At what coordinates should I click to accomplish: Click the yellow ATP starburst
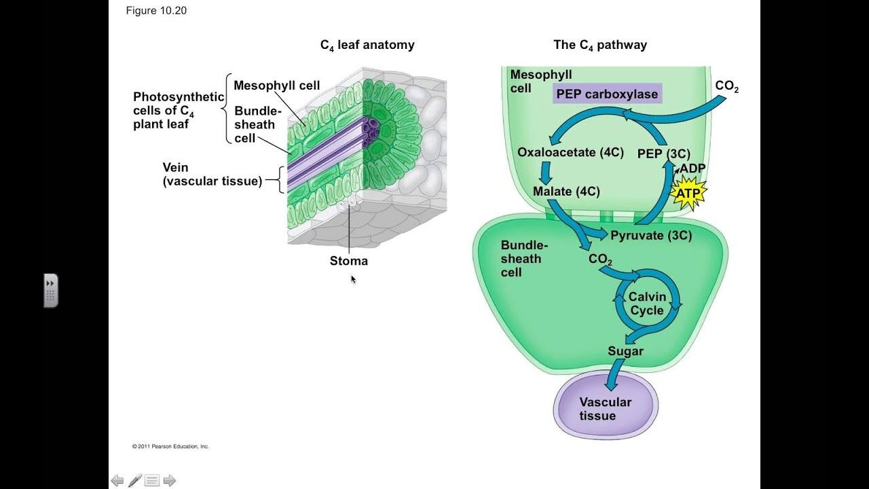(688, 193)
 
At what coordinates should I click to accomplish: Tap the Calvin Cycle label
(646, 304)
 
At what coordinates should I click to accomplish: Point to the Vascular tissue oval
(605, 408)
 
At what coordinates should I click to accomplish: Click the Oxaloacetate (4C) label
(570, 152)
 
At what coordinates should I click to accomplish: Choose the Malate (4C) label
(566, 192)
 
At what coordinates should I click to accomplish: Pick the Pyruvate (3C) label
(650, 236)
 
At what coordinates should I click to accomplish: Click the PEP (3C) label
(663, 154)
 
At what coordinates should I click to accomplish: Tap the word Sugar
(625, 351)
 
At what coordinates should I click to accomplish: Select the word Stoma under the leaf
(349, 261)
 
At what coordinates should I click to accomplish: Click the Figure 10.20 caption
(156, 11)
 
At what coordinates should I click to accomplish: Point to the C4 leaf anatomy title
(367, 46)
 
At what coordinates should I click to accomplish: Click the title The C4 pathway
(600, 46)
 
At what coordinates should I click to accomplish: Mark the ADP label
(692, 168)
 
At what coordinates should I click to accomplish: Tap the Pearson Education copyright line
(170, 446)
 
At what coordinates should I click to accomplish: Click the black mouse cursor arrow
(353, 278)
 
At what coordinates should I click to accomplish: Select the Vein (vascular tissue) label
(212, 175)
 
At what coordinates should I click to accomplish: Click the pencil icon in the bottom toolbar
(135, 481)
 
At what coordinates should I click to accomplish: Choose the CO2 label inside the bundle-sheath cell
(600, 259)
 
